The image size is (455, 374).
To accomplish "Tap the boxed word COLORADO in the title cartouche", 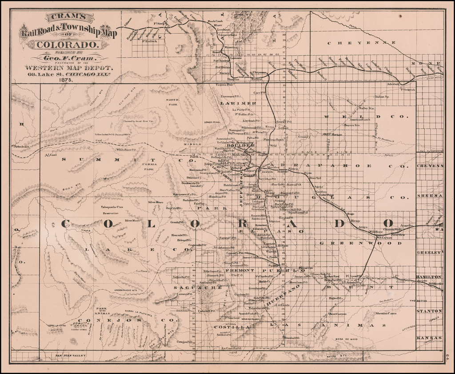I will click(x=67, y=45).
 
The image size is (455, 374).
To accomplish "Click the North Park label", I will click(x=172, y=102).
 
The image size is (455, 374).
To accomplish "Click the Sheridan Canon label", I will click(x=386, y=314).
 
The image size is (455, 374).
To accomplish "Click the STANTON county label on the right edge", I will click(x=429, y=311).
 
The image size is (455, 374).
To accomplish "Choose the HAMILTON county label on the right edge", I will click(x=429, y=277).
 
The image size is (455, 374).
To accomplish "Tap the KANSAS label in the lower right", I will click(x=429, y=338).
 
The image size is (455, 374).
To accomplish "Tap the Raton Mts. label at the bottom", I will click(x=338, y=356).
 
